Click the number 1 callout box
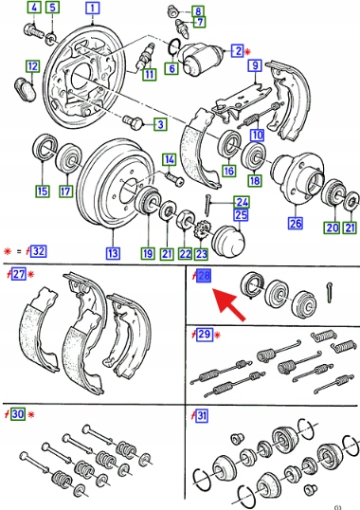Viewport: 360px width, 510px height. [x=93, y=9]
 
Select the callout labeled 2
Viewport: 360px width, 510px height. [x=238, y=50]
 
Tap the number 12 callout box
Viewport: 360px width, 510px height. [x=32, y=66]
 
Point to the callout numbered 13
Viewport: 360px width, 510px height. [x=113, y=253]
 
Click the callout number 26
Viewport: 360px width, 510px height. [x=296, y=223]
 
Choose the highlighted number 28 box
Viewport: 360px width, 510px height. [x=204, y=276]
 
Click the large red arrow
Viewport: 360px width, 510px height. [x=229, y=304]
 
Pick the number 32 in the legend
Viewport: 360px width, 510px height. [x=38, y=251]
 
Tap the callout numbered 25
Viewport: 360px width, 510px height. [x=241, y=215]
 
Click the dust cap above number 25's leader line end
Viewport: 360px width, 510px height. [x=228, y=239]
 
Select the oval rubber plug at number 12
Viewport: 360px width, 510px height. [x=25, y=88]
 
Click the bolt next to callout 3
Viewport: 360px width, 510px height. [x=133, y=122]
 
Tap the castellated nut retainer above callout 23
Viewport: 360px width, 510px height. [x=201, y=230]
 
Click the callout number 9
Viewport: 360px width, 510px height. [x=255, y=66]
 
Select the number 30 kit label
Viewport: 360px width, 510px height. [x=18, y=414]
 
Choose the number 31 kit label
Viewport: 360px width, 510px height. [x=202, y=415]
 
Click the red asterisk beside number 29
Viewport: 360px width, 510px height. [x=217, y=335]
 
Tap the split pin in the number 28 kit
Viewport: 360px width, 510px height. [x=329, y=292]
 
